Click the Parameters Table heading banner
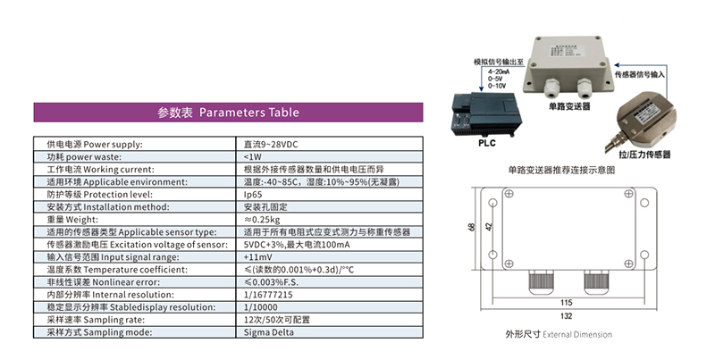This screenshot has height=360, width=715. pyautogui.click(x=222, y=113)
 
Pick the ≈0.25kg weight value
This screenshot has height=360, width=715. pyautogui.click(x=262, y=219)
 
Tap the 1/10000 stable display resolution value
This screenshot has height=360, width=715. pyautogui.click(x=263, y=306)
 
